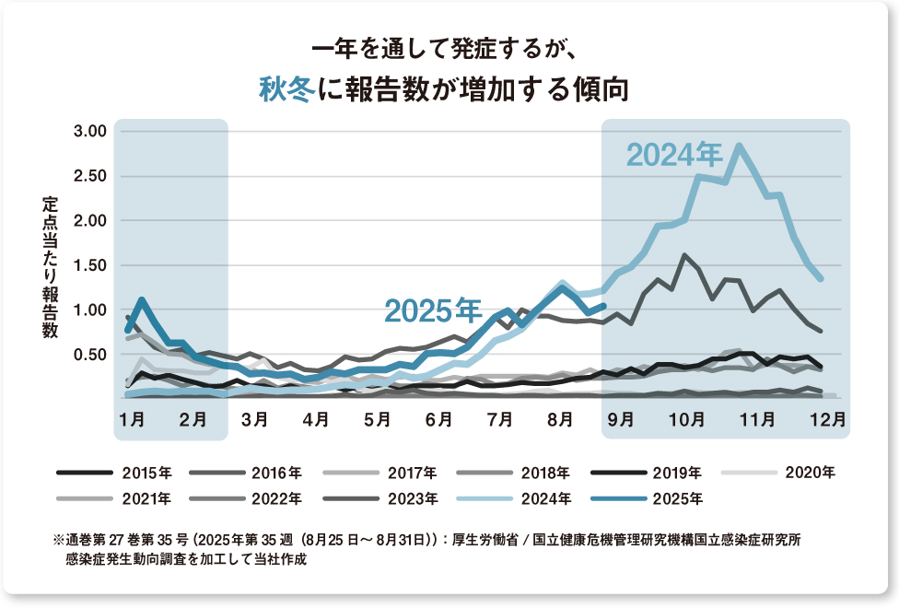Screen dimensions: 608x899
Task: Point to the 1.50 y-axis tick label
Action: pos(90,265)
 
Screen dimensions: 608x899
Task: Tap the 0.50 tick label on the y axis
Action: pos(90,355)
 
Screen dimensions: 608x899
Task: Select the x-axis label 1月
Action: pos(131,420)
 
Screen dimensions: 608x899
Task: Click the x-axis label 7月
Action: pos(499,420)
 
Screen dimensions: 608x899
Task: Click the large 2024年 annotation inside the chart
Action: pos(674,154)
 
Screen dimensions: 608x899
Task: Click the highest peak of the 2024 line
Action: pos(739,146)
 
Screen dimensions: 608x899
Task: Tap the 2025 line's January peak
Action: pos(141,299)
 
